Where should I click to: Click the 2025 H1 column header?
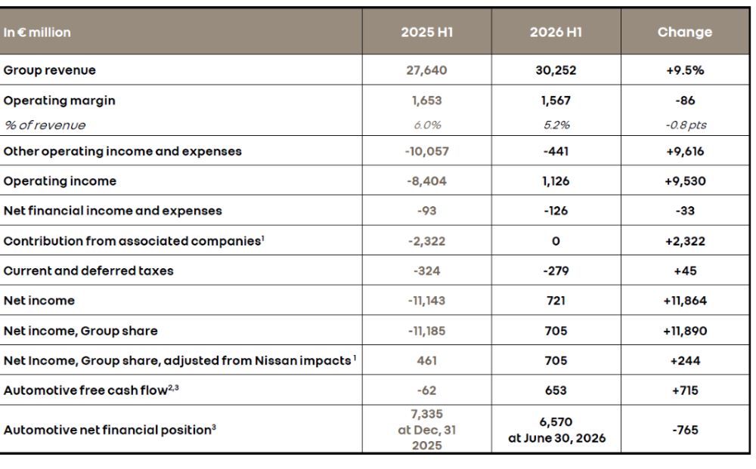(426, 32)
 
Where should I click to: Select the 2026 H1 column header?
(556, 32)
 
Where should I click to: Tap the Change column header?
(685, 32)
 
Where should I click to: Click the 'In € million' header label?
(37, 32)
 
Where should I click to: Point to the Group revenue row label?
(50, 70)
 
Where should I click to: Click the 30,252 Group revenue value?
(556, 70)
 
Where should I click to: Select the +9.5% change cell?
(685, 70)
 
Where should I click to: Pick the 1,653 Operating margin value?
(426, 100)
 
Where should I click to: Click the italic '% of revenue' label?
(45, 125)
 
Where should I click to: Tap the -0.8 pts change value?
(686, 125)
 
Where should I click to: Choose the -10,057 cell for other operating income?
(426, 151)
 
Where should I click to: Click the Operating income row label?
(60, 181)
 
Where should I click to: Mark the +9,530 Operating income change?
(685, 181)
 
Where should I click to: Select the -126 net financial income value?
(556, 211)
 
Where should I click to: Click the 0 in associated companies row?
(556, 241)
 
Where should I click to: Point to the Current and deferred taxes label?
(88, 270)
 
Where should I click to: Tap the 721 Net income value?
(556, 301)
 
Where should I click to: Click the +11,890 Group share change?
(685, 331)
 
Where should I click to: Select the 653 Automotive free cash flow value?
(556, 390)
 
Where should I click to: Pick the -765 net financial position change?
(685, 430)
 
